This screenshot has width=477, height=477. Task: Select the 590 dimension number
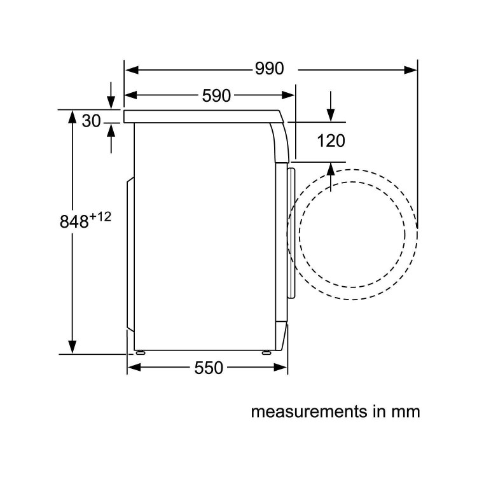click(216, 96)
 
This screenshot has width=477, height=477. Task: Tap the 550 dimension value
click(209, 368)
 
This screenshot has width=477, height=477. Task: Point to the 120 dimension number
click(331, 141)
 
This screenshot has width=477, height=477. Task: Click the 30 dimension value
click(92, 121)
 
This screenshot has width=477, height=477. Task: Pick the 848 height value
click(73, 222)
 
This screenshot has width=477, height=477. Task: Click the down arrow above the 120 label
click(331, 114)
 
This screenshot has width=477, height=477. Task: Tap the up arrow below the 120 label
click(331, 170)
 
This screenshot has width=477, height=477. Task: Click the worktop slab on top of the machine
click(204, 116)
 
